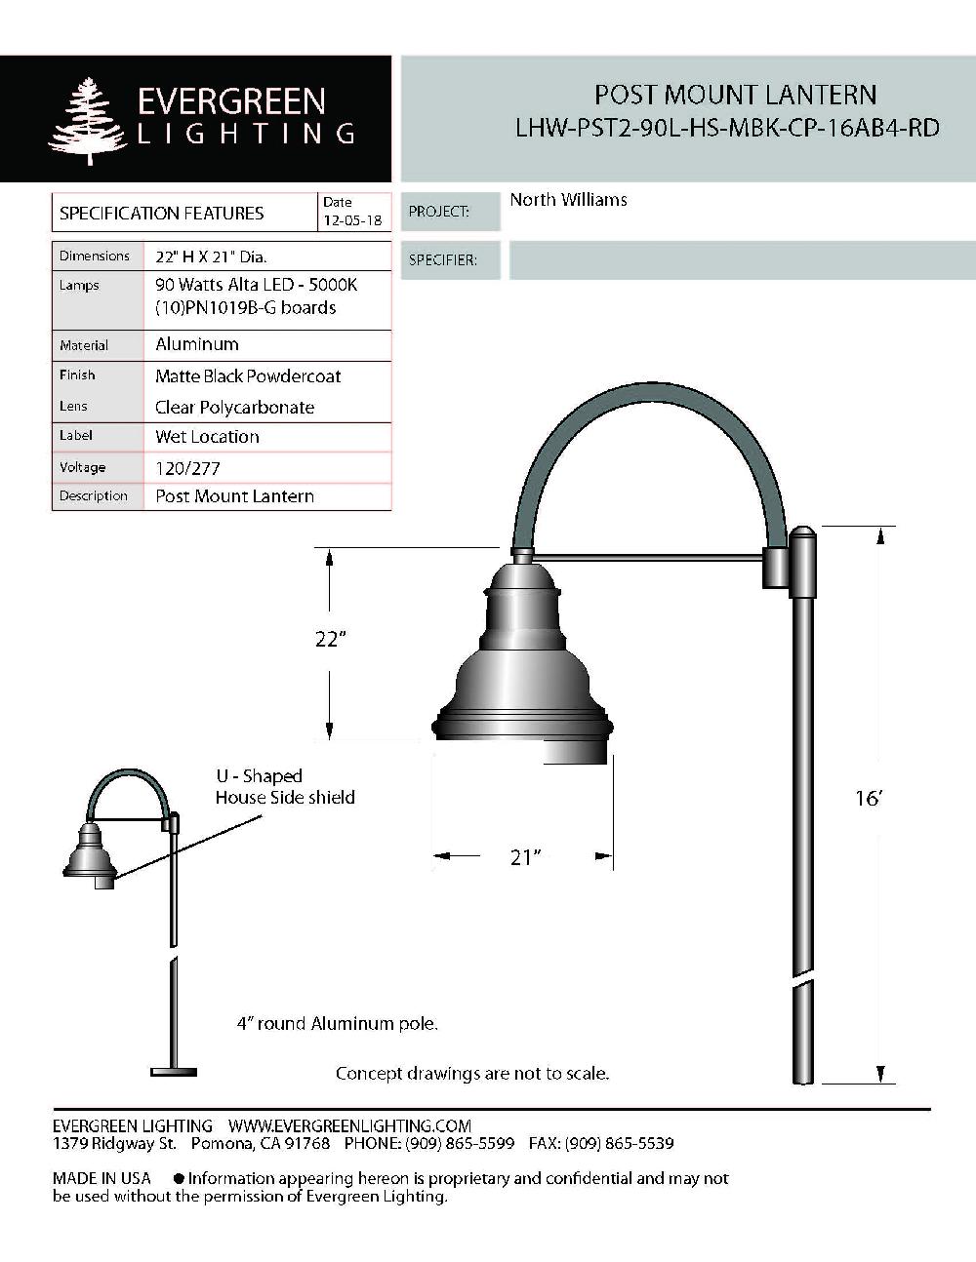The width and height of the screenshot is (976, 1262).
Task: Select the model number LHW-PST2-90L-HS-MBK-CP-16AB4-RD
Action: coord(727,128)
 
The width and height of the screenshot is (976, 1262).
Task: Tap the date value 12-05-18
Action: coord(352,221)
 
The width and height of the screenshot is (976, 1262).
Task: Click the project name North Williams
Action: coord(568,200)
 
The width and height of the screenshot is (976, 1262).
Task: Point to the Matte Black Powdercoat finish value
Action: coord(248,376)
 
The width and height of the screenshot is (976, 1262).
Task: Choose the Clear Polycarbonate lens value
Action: coord(234,408)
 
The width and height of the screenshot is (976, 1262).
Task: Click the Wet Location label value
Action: coord(207,437)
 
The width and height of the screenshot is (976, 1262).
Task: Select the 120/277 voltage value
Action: coord(187,468)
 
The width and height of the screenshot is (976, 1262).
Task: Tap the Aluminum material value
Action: coord(197,344)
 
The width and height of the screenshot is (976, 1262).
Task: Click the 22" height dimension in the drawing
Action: coord(331,639)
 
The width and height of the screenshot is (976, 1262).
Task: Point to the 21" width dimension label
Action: coord(524,857)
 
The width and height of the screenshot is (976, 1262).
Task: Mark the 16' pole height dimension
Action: coord(868,799)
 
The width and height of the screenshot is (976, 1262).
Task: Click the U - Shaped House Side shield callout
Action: coord(284,787)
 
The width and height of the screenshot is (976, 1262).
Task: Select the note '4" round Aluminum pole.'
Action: coord(338,1024)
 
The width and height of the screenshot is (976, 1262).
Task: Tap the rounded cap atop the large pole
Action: coord(802,535)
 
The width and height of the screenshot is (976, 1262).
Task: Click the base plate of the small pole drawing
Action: coord(174,1072)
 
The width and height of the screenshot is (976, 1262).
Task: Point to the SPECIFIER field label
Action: coord(442,260)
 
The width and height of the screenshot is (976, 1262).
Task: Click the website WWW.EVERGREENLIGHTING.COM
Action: coord(349,1126)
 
